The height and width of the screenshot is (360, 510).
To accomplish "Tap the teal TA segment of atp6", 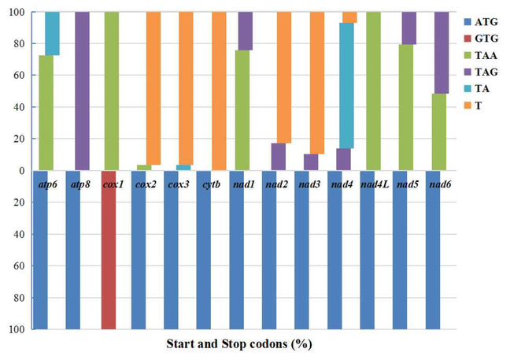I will click(52, 33).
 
